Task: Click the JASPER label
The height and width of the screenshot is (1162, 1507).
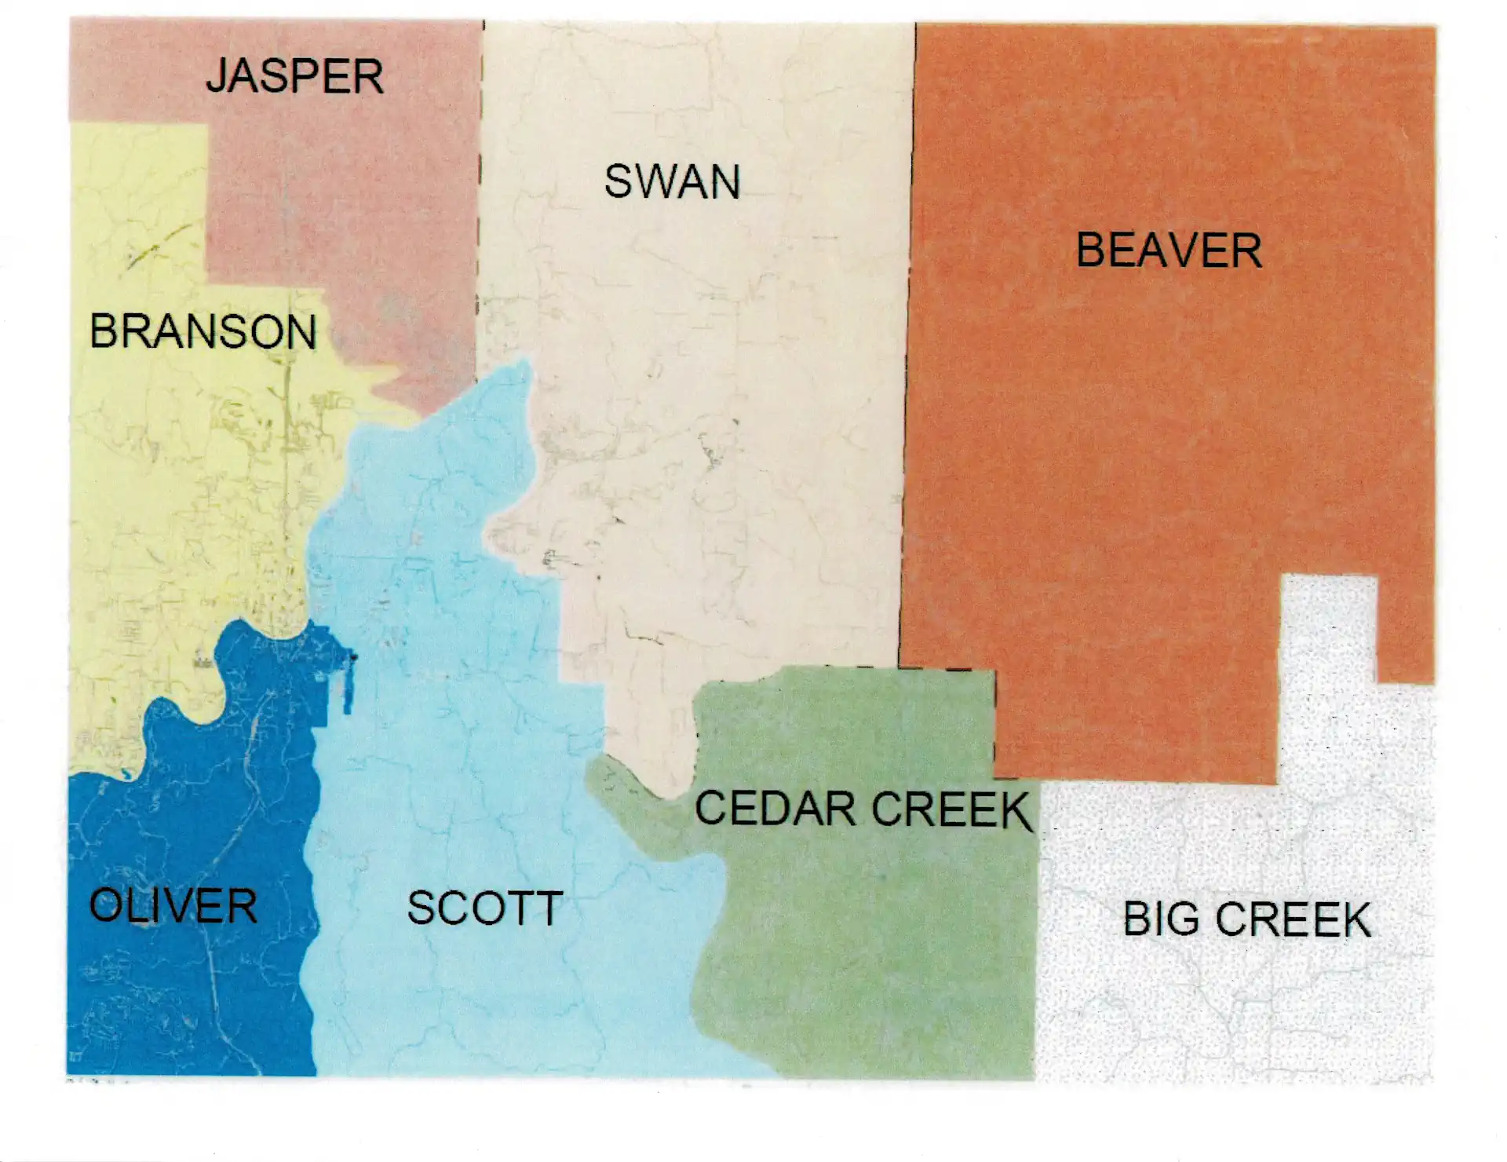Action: tap(294, 77)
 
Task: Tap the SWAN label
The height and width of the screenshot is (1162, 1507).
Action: tap(672, 182)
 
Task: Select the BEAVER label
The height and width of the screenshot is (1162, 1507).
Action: tap(1168, 251)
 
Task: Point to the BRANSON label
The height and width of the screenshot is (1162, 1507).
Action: tap(203, 331)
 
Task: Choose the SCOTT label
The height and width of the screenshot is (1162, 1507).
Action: tap(484, 908)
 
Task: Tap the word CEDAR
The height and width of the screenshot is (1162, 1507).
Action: tap(775, 809)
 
